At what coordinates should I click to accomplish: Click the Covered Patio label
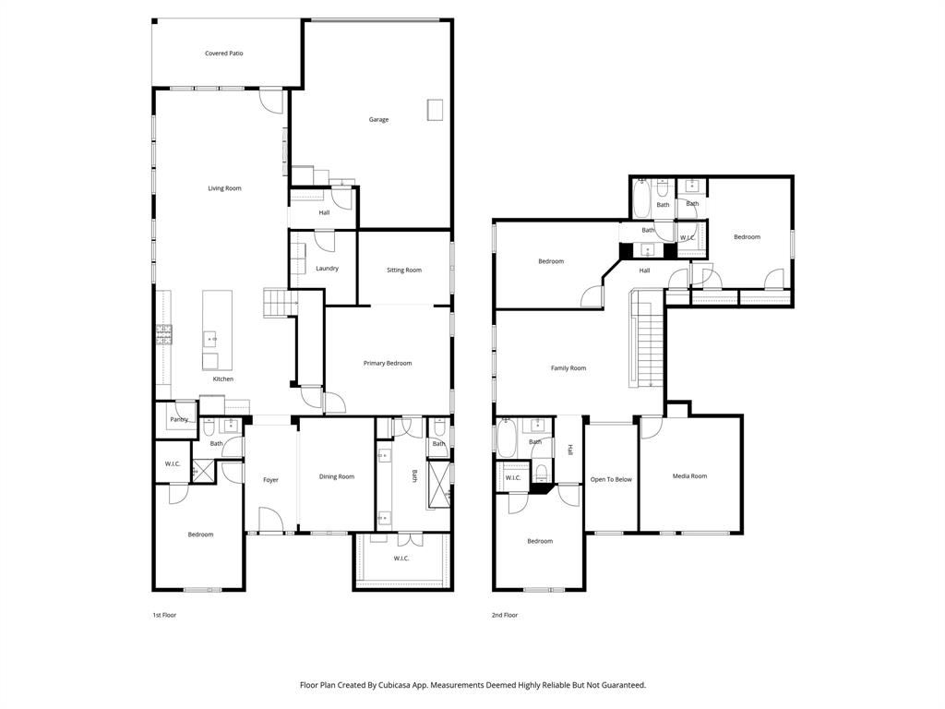click(x=224, y=54)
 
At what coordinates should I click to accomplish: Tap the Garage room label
click(x=378, y=119)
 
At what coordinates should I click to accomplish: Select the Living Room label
click(x=224, y=188)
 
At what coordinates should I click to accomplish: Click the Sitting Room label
click(x=403, y=270)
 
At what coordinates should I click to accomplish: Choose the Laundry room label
click(x=327, y=269)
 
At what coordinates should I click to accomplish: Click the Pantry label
click(x=178, y=419)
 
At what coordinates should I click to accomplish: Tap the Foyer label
click(x=270, y=480)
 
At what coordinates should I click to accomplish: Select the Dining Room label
click(x=337, y=476)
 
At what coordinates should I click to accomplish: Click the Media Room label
click(x=689, y=476)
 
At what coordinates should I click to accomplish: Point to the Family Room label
click(x=568, y=368)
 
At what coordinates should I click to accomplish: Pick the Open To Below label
click(x=611, y=479)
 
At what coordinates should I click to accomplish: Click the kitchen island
click(x=218, y=330)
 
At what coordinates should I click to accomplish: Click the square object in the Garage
click(x=435, y=110)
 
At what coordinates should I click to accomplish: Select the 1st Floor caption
click(x=164, y=615)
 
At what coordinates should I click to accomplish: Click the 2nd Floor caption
click(x=505, y=615)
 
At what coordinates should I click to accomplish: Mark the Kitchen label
click(x=223, y=379)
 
